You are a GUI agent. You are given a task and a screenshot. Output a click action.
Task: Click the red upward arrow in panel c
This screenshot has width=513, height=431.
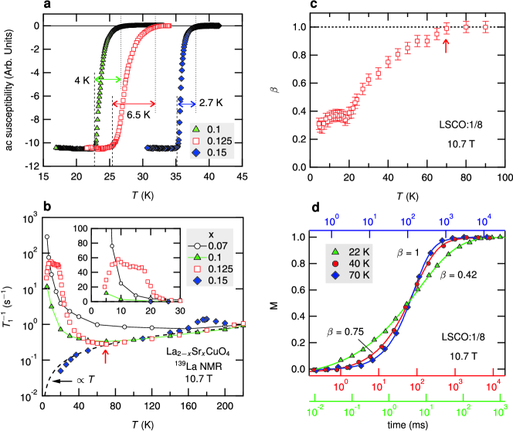447,45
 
